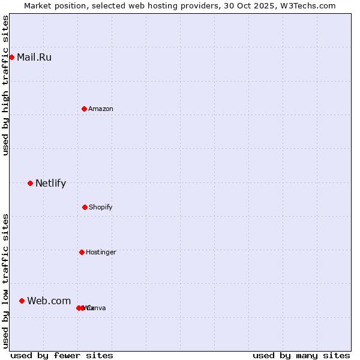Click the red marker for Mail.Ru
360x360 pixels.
11,57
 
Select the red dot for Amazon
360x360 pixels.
84,109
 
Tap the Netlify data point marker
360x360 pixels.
30,183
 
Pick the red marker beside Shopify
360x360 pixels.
85,207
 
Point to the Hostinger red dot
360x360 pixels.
82,252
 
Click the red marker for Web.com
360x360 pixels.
22,301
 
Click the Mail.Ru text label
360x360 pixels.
34,58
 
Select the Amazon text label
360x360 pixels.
101,109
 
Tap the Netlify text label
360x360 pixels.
50,184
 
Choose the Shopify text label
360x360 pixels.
101,208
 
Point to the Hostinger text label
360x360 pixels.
101,253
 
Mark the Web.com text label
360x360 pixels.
49,301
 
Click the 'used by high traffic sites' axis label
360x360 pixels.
5,85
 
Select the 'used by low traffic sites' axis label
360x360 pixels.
5,281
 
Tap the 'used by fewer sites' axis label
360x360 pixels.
62,356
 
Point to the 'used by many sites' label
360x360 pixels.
301,356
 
